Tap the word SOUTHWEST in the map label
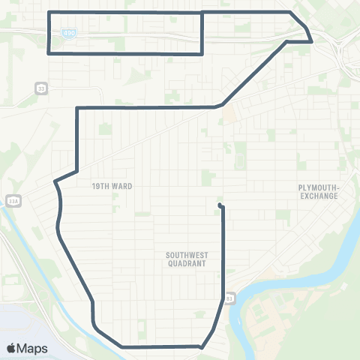point(187,255)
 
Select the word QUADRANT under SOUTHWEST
point(187,263)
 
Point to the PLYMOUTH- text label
point(319,187)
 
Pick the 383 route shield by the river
point(229,298)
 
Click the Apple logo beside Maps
point(12,348)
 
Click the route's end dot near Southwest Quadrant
point(219,205)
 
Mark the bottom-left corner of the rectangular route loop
point(49,54)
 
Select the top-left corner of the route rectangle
point(49,13)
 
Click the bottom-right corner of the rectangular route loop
point(202,54)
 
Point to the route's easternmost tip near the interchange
point(311,41)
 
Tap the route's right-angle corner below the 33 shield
point(77,109)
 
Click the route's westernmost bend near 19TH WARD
point(55,181)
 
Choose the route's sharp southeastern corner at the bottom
point(201,347)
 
